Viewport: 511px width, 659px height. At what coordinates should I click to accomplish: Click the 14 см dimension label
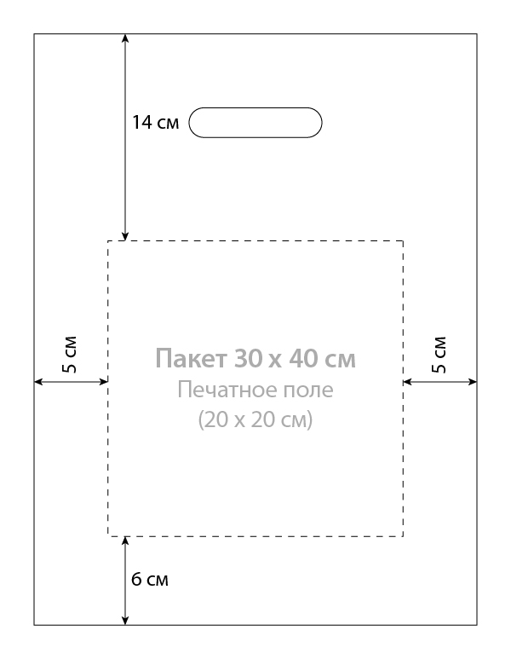pyautogui.click(x=155, y=122)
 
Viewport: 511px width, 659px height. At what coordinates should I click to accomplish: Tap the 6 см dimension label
pyautogui.click(x=150, y=579)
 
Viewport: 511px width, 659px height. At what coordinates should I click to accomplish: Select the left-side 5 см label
pyautogui.click(x=70, y=355)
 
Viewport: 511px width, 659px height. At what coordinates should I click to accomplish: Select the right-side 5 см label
pyautogui.click(x=439, y=355)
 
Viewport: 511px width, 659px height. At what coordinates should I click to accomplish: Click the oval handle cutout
pyautogui.click(x=255, y=108)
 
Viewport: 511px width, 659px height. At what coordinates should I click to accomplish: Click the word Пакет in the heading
pyautogui.click(x=191, y=359)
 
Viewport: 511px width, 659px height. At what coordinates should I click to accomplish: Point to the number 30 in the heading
pyautogui.click(x=247, y=359)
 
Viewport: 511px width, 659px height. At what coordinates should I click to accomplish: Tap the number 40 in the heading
pyautogui.click(x=302, y=359)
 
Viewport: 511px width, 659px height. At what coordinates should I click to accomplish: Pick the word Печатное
pyautogui.click(x=227, y=390)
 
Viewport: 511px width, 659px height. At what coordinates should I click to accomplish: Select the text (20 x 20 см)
pyautogui.click(x=255, y=419)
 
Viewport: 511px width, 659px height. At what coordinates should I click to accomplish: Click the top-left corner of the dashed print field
pyautogui.click(x=108, y=241)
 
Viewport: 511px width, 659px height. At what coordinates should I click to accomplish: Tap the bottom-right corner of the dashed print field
pyautogui.click(x=403, y=536)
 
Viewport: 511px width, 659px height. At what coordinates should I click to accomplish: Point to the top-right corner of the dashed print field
pyautogui.click(x=403, y=241)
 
